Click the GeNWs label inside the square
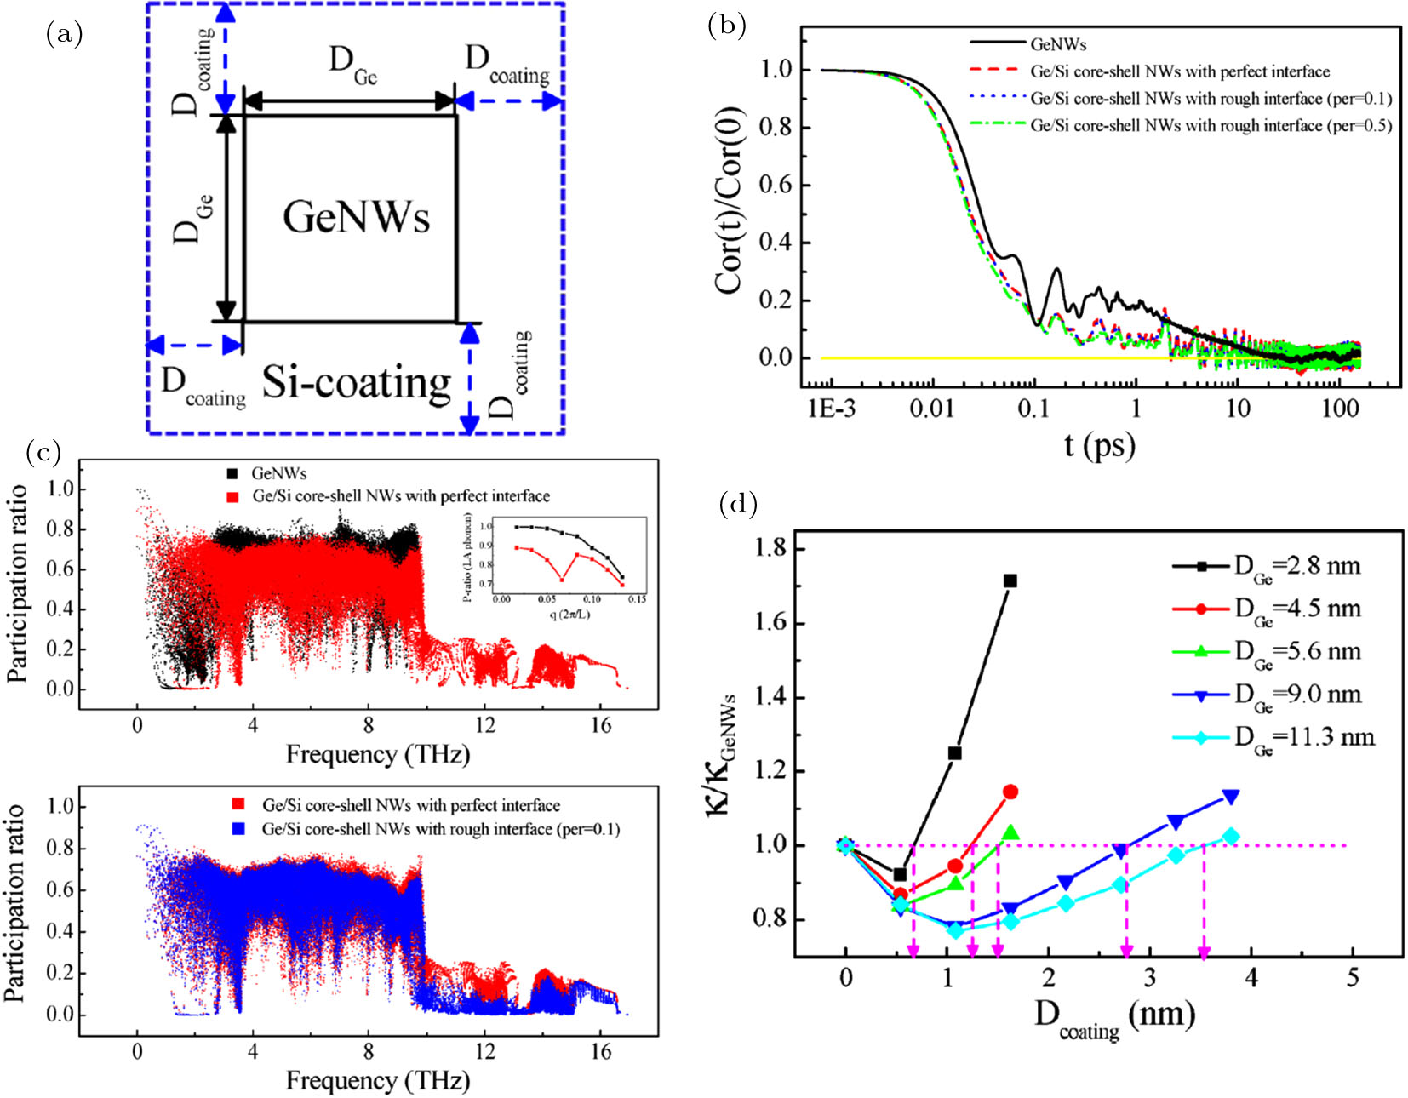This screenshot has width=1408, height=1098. [356, 217]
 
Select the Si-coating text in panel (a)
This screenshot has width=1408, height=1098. [356, 383]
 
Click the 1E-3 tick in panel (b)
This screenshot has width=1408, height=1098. [832, 409]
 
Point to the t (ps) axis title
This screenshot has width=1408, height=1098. [1099, 444]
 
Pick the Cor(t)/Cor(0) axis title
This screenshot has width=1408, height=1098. [730, 201]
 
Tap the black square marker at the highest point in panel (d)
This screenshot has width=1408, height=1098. [1010, 580]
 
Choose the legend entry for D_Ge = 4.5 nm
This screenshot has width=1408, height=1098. [1297, 609]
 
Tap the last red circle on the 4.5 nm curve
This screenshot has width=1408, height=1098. [1010, 792]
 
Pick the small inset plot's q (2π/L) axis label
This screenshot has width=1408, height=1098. [566, 614]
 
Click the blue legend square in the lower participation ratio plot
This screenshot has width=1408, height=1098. [238, 828]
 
